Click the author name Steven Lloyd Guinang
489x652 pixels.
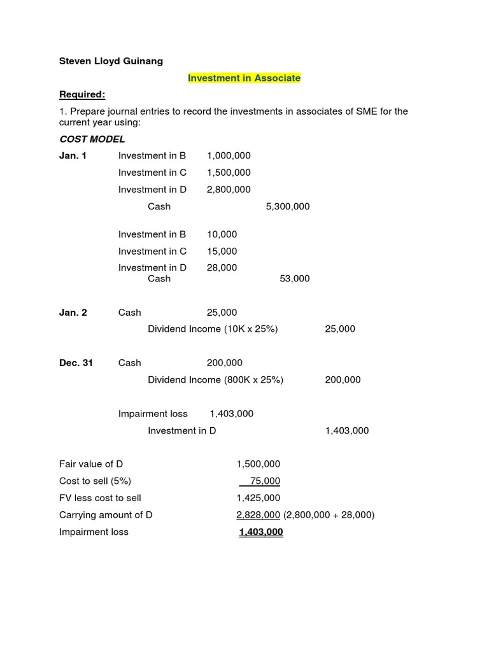(x=111, y=61)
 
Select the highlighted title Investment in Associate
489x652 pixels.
(x=244, y=78)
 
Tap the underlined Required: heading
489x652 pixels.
(x=82, y=94)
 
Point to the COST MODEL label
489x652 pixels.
(x=92, y=139)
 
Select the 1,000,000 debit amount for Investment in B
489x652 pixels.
(x=229, y=155)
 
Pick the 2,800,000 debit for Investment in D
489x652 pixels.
(x=229, y=189)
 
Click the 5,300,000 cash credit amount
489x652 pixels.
(x=288, y=206)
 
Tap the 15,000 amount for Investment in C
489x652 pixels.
(x=222, y=251)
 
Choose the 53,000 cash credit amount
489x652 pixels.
(x=295, y=278)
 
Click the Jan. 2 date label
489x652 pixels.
(x=73, y=312)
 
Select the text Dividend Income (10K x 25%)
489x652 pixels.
(x=213, y=329)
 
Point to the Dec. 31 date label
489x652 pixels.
(x=76, y=362)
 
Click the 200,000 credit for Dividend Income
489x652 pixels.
(x=343, y=379)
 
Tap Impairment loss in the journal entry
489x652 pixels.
(x=153, y=413)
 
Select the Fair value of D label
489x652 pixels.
(x=91, y=464)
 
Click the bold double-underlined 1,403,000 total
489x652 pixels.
(x=260, y=532)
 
